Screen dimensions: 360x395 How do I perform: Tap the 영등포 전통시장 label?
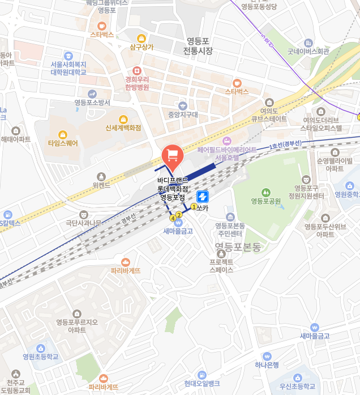click(197, 46)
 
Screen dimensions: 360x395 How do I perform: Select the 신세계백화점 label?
click(123, 128)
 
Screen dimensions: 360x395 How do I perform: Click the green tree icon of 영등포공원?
click(266, 193)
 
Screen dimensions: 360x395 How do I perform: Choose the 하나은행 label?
click(267, 365)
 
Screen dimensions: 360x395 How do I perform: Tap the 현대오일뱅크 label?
click(202, 383)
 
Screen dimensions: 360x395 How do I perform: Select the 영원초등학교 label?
click(41, 356)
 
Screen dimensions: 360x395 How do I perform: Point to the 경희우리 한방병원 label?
click(137, 83)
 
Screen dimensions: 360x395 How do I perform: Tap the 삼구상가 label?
click(142, 47)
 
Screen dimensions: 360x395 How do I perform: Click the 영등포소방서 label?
click(92, 103)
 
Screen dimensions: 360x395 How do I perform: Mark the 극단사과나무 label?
click(83, 223)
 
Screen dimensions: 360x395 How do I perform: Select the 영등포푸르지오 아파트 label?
click(77, 326)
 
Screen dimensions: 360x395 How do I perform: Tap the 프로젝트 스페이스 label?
click(221, 266)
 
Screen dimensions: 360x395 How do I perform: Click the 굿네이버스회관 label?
click(308, 51)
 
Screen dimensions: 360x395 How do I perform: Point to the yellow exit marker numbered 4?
click(173, 218)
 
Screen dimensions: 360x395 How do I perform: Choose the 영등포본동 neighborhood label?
click(238, 247)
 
